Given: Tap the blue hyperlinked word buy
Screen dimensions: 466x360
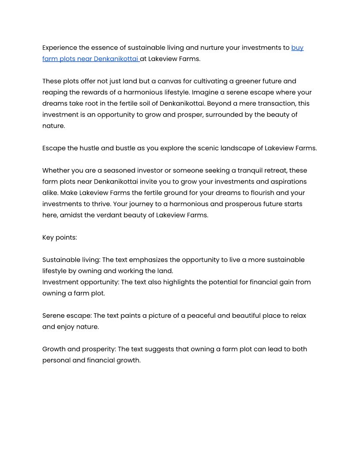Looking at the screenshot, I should pyautogui.click(x=297, y=48).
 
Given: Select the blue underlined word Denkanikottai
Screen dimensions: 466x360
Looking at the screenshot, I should pyautogui.click(x=116, y=59).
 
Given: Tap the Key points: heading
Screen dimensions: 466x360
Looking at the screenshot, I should pyautogui.click(x=60, y=237).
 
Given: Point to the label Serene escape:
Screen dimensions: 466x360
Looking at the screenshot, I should pyautogui.click(x=67, y=316).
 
